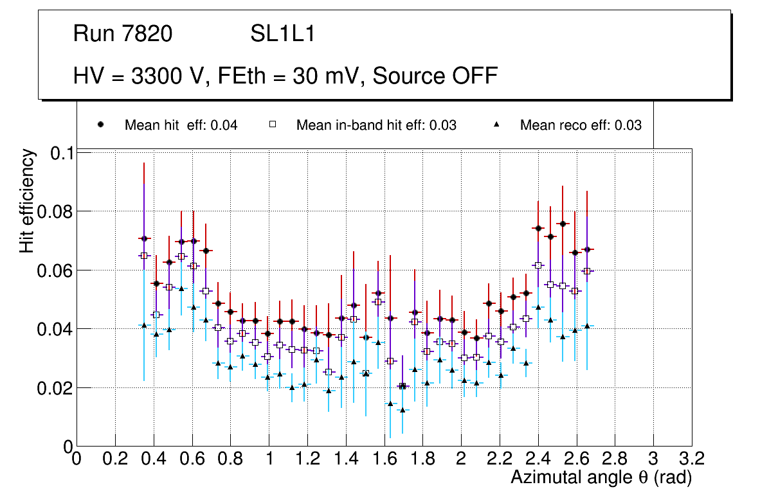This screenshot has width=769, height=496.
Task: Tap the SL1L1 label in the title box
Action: [x=282, y=33]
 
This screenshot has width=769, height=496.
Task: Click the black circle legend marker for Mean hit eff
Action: [x=100, y=125]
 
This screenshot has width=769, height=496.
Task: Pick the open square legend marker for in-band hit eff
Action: [x=273, y=125]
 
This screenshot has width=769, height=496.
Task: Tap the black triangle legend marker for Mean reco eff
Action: [x=496, y=125]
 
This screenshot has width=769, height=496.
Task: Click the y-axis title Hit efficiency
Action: [x=27, y=200]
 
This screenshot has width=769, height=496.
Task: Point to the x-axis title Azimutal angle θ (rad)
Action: [x=601, y=477]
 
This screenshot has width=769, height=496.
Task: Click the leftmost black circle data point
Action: [x=144, y=238]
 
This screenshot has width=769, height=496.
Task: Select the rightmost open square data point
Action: [x=586, y=271]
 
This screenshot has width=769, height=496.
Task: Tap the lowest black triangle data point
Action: [x=403, y=410]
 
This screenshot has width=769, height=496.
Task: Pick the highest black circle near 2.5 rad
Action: [x=563, y=224]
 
